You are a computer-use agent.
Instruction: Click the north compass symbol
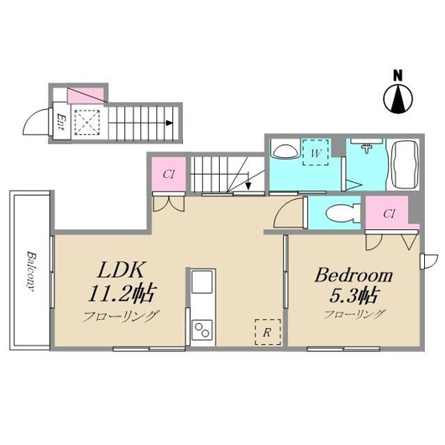click(x=398, y=99)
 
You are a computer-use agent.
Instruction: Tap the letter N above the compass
click(x=398, y=76)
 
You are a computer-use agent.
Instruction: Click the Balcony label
click(x=31, y=271)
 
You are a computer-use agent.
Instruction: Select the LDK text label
click(x=119, y=269)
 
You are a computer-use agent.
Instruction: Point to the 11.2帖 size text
click(x=122, y=293)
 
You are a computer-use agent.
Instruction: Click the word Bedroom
click(x=354, y=275)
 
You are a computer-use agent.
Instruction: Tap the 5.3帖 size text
click(x=353, y=295)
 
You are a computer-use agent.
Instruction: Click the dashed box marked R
click(x=268, y=332)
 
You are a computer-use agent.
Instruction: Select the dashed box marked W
click(x=316, y=153)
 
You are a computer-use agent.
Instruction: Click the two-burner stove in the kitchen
click(x=202, y=330)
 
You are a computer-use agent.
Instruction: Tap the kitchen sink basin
click(x=202, y=281)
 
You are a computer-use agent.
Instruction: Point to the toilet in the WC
click(x=341, y=212)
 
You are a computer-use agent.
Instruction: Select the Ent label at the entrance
click(x=60, y=122)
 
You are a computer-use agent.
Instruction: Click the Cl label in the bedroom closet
click(x=389, y=213)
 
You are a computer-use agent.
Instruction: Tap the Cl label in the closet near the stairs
click(x=168, y=174)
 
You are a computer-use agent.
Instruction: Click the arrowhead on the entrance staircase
click(x=169, y=123)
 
